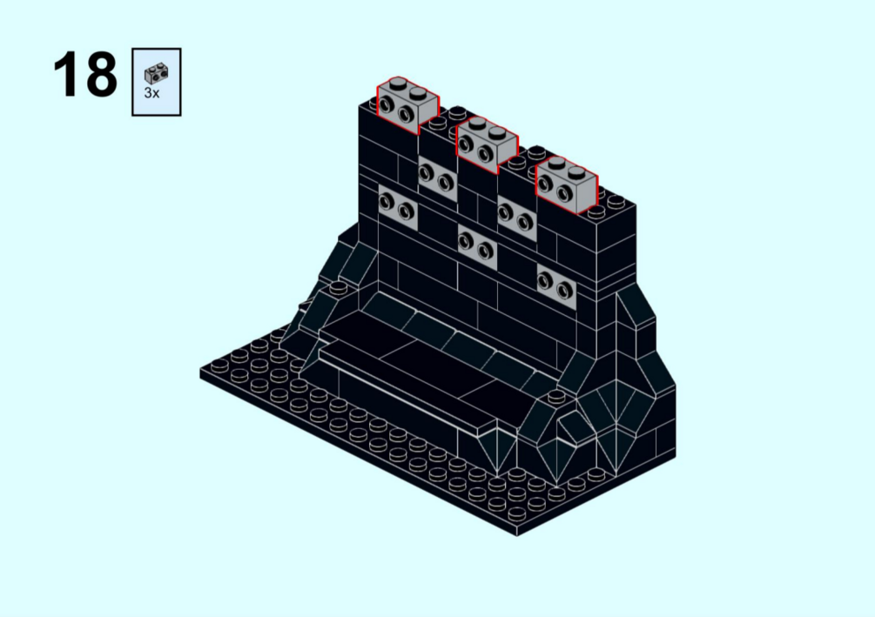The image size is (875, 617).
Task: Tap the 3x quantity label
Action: click(x=151, y=93)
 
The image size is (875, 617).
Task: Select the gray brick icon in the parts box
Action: click(x=156, y=73)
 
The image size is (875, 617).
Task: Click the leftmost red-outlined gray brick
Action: click(x=407, y=106)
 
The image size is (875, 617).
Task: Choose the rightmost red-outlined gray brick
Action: click(x=567, y=184)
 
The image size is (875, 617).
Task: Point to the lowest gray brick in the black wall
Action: click(x=556, y=286)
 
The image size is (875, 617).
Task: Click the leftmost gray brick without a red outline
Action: click(x=397, y=207)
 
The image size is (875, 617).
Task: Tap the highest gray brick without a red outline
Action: click(x=437, y=178)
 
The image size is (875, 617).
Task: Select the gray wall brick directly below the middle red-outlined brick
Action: click(x=477, y=246)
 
